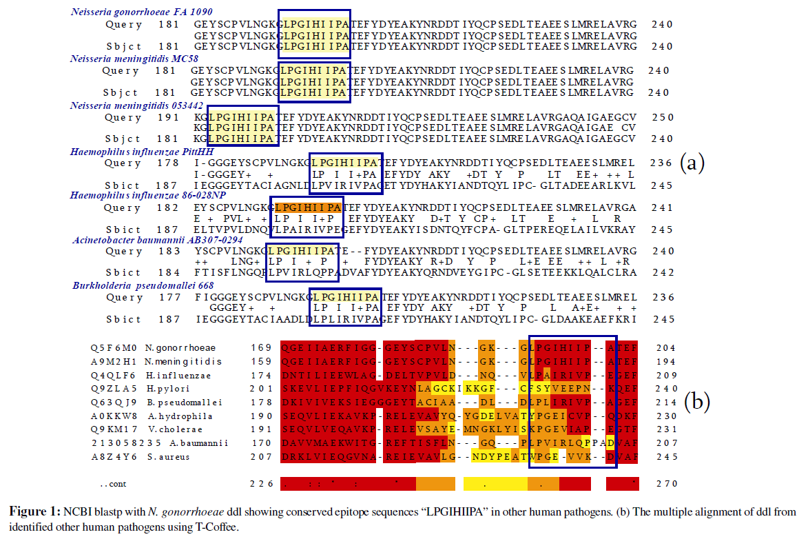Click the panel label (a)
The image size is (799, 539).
click(692, 163)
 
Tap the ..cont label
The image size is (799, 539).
click(114, 484)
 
